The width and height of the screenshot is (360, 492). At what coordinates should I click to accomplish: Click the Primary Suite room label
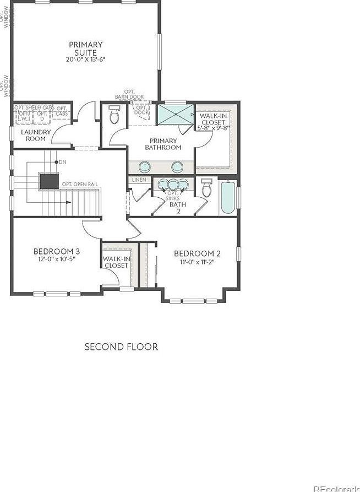(85, 48)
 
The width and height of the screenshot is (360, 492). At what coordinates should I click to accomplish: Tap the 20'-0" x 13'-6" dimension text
(85, 60)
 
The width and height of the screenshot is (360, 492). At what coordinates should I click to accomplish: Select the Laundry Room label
(36, 136)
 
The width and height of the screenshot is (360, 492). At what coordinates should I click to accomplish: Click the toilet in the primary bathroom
(114, 115)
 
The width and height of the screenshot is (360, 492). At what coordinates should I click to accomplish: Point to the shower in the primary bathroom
(175, 116)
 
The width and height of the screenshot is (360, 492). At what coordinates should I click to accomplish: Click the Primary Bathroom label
(163, 144)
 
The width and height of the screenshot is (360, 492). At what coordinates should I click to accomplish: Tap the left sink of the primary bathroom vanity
(145, 166)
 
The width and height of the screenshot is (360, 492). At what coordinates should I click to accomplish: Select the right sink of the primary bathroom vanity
(177, 166)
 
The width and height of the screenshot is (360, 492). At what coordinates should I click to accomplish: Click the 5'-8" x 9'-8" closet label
(214, 127)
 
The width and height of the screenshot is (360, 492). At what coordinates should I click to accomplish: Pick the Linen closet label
(139, 180)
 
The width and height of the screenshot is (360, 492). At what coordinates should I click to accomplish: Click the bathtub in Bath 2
(228, 198)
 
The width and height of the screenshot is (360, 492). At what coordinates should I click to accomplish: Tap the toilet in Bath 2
(207, 190)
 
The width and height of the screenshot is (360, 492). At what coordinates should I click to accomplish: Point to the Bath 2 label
(178, 208)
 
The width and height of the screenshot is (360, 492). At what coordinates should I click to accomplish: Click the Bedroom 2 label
(197, 253)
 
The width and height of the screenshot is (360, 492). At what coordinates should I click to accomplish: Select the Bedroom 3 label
(57, 251)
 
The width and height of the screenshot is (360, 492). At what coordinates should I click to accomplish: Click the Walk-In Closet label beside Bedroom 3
(116, 262)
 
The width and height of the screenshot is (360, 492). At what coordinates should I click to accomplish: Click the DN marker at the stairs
(62, 162)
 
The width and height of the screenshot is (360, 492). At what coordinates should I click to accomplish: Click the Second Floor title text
(121, 347)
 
